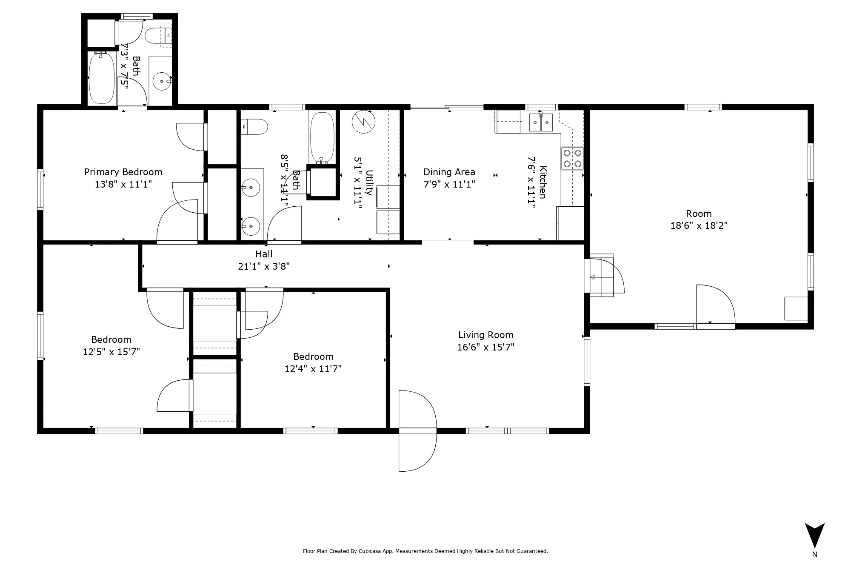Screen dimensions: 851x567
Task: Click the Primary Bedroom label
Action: pyautogui.click(x=123, y=172)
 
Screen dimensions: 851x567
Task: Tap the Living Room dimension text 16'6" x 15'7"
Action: pyautogui.click(x=485, y=347)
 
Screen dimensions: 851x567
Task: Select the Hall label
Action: pyautogui.click(x=264, y=254)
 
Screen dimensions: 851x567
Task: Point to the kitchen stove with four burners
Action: pyautogui.click(x=572, y=158)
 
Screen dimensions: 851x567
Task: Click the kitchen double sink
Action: pyautogui.click(x=541, y=123)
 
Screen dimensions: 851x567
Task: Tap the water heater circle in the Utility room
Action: pyautogui.click(x=364, y=122)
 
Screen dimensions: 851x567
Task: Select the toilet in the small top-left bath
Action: pyautogui.click(x=158, y=36)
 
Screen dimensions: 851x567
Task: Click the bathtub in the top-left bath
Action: pyautogui.click(x=102, y=78)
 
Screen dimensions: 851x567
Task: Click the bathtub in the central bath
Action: pyautogui.click(x=322, y=137)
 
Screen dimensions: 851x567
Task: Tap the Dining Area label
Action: pyautogui.click(x=449, y=172)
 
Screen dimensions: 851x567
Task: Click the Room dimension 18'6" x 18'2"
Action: pyautogui.click(x=699, y=225)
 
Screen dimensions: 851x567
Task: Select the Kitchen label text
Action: pyautogui.click(x=543, y=182)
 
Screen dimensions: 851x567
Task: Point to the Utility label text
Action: pyautogui.click(x=369, y=183)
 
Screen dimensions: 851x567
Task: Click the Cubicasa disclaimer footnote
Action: pyautogui.click(x=425, y=551)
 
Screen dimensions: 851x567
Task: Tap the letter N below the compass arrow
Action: pyautogui.click(x=814, y=554)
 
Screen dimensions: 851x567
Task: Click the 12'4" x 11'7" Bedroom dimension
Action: pyautogui.click(x=313, y=369)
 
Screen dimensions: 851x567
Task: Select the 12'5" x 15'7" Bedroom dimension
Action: pyautogui.click(x=111, y=352)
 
